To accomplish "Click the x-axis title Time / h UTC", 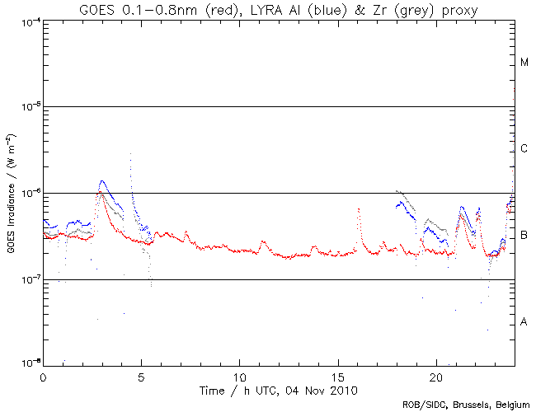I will pyautogui.click(x=279, y=389).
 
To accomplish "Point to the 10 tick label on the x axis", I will pyautogui.click(x=239, y=375).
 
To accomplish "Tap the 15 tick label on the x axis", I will pyautogui.click(x=337, y=375).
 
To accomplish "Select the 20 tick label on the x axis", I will pyautogui.click(x=435, y=375).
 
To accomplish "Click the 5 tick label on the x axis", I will pyautogui.click(x=141, y=375).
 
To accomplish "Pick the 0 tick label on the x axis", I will pyautogui.click(x=43, y=375).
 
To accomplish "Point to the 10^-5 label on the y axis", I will pyautogui.click(x=28, y=107).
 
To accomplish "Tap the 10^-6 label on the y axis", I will pyautogui.click(x=28, y=194).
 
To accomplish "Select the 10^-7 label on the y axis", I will pyautogui.click(x=28, y=280).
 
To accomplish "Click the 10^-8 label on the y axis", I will pyautogui.click(x=28, y=363).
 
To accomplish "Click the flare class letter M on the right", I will pyautogui.click(x=524, y=63).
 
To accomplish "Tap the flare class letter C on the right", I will pyautogui.click(x=524, y=149).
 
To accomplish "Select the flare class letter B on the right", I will pyautogui.click(x=524, y=236).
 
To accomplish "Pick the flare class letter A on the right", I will pyautogui.click(x=524, y=322).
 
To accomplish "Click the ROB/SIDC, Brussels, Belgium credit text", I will pyautogui.click(x=466, y=405).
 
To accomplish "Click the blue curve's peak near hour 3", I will pyautogui.click(x=101, y=180).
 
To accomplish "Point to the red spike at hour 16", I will pyautogui.click(x=359, y=209).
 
